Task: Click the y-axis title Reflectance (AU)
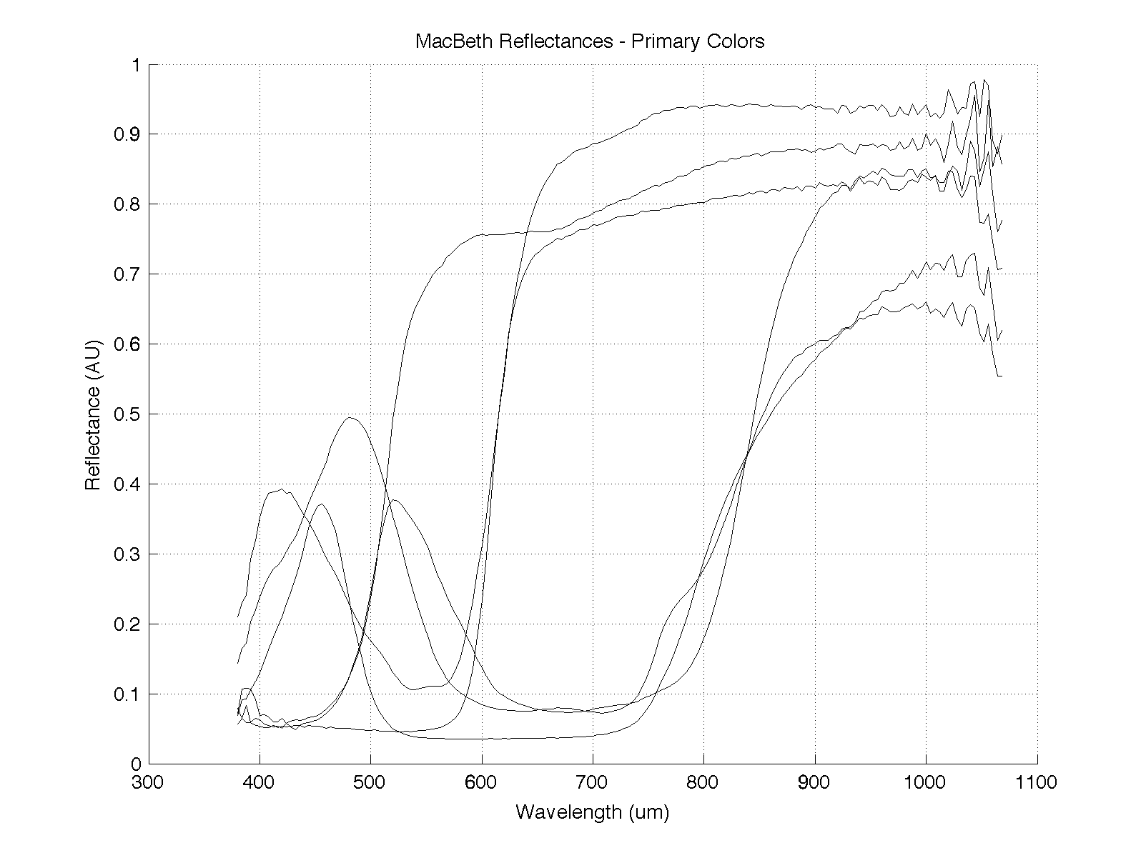click(93, 414)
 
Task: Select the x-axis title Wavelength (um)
click(593, 812)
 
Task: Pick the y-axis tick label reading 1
click(135, 65)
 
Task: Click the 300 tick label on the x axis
click(149, 782)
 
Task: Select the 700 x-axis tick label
click(593, 782)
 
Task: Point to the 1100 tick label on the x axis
click(1037, 782)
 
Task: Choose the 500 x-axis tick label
click(370, 782)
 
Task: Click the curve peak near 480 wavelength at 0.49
click(349, 418)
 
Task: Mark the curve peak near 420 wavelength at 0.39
click(283, 489)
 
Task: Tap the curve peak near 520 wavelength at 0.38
click(394, 500)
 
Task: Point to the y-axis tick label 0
click(135, 764)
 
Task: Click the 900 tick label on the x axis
click(815, 782)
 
